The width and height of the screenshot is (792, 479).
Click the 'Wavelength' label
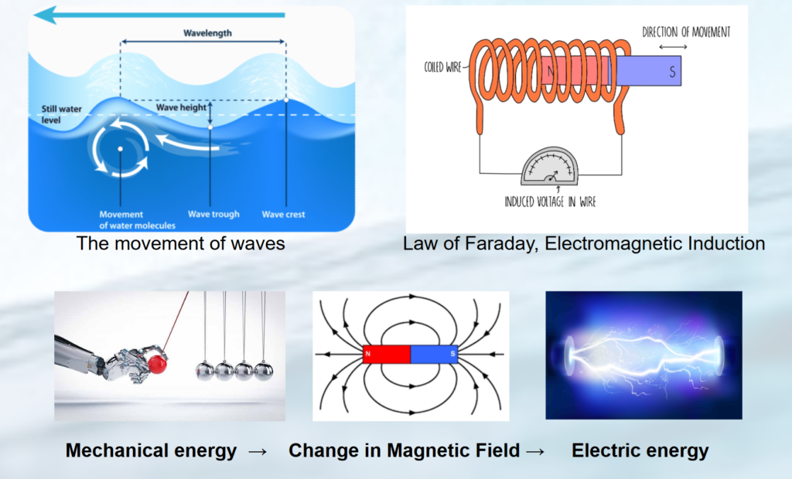[207, 33]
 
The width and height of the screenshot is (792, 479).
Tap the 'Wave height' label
[181, 107]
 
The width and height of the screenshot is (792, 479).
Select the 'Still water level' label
[61, 114]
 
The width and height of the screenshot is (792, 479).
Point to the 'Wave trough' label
[213, 214]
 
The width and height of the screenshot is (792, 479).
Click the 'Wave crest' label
[283, 214]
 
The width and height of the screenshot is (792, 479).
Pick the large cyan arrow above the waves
[159, 15]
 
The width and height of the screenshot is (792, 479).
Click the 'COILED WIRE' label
[442, 67]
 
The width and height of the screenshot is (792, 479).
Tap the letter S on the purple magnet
[672, 72]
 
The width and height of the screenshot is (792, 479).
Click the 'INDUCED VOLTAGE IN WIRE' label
[550, 202]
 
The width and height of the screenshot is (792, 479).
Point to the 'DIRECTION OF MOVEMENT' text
[686, 32]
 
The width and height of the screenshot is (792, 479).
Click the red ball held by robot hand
[159, 362]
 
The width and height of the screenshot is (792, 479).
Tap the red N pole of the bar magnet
[387, 355]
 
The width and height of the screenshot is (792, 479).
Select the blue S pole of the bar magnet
[434, 355]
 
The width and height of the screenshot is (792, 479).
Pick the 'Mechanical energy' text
[151, 450]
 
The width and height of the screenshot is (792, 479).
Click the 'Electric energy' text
[640, 450]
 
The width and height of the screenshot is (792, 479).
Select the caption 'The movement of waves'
[180, 243]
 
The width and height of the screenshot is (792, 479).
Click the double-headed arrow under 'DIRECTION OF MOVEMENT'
[673, 47]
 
